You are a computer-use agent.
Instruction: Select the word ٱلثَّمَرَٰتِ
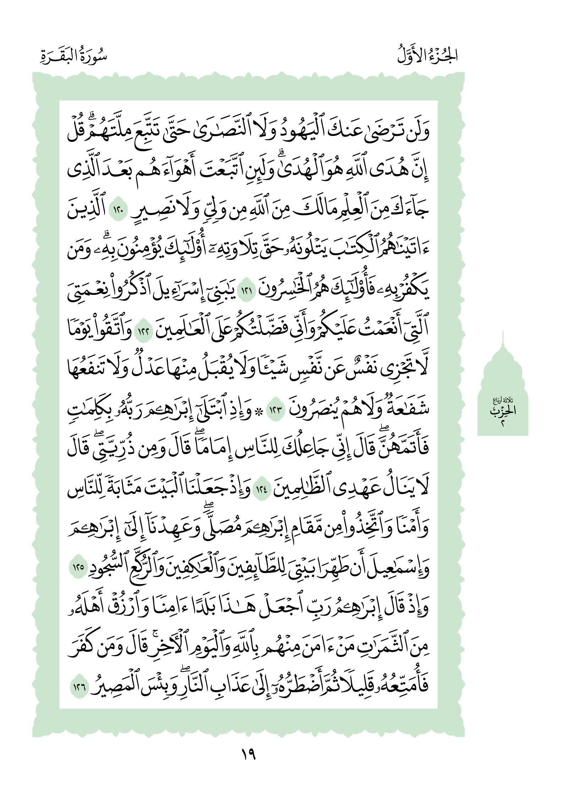click(385, 648)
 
